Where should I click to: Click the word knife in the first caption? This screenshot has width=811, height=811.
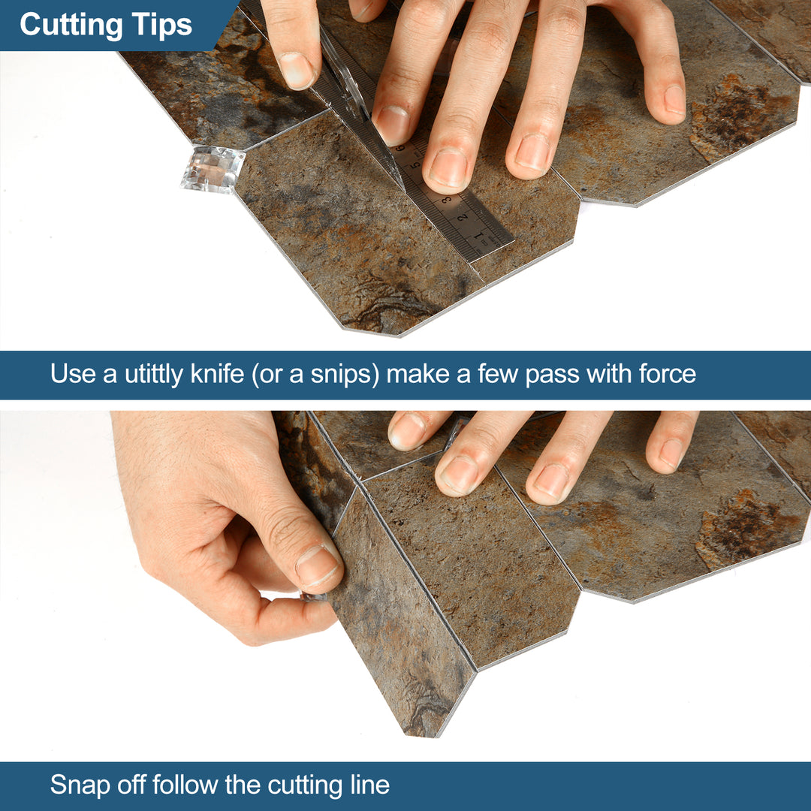(x=217, y=374)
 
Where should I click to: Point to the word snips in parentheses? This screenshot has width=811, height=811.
(x=340, y=374)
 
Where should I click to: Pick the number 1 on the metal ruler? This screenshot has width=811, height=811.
(x=478, y=239)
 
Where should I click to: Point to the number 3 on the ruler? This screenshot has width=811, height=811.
(x=445, y=200)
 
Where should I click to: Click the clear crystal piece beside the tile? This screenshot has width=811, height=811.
(x=212, y=168)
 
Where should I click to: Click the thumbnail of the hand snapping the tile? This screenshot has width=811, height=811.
(x=317, y=565)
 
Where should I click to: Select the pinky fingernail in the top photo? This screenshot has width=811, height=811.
(x=674, y=98)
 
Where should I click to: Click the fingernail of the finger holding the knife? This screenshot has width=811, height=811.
(x=297, y=71)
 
